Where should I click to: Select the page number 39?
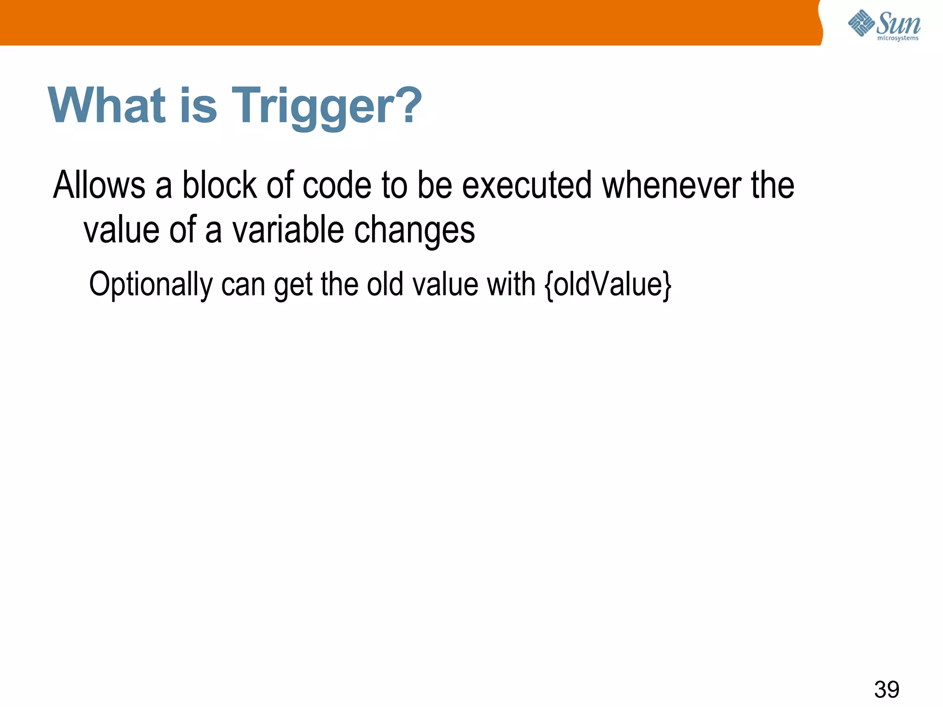coord(886,689)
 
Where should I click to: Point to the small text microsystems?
coord(897,38)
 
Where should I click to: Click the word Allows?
coord(99,185)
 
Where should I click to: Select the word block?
coord(220,185)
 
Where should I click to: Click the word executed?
coord(526,185)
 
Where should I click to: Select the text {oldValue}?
coord(608,284)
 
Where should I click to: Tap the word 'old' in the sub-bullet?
coord(385,284)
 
